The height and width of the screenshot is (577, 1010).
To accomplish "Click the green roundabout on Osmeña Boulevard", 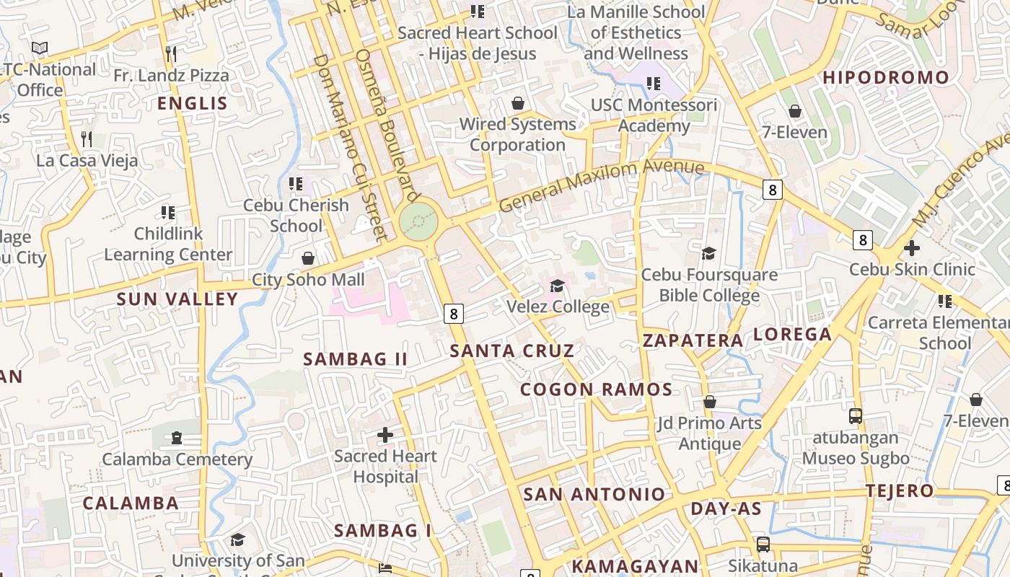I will point(419,221).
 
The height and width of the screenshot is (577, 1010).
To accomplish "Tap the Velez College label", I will point(558,307).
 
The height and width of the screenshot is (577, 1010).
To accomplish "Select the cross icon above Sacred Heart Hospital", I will point(385,435).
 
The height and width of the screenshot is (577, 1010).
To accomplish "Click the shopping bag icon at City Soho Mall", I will point(308,258).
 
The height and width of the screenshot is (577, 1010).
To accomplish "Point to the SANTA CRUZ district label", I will point(512,351).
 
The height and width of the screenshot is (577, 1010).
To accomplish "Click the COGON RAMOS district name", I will point(596,390).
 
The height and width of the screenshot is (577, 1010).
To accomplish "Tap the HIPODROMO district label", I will point(886,78).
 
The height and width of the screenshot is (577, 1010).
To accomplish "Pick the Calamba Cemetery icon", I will point(177,438).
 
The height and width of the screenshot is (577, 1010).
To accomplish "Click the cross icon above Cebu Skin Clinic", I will point(912,248).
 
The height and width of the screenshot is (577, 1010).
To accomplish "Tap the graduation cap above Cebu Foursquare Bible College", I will point(709,253).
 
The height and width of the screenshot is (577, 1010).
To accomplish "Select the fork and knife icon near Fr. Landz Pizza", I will point(171,53).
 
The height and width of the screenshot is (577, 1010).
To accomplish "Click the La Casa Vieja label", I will point(87,160).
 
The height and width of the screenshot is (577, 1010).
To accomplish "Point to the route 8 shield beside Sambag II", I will point(453,313).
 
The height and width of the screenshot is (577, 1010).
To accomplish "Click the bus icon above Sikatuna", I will point(763,545).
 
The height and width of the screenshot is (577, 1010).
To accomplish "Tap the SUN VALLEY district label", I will point(177,299).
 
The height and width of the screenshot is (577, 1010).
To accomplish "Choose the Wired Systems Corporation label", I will point(517,134).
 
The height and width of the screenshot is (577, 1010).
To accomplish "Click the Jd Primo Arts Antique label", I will point(709,433).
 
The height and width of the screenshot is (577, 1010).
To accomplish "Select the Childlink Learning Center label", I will point(168,244).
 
